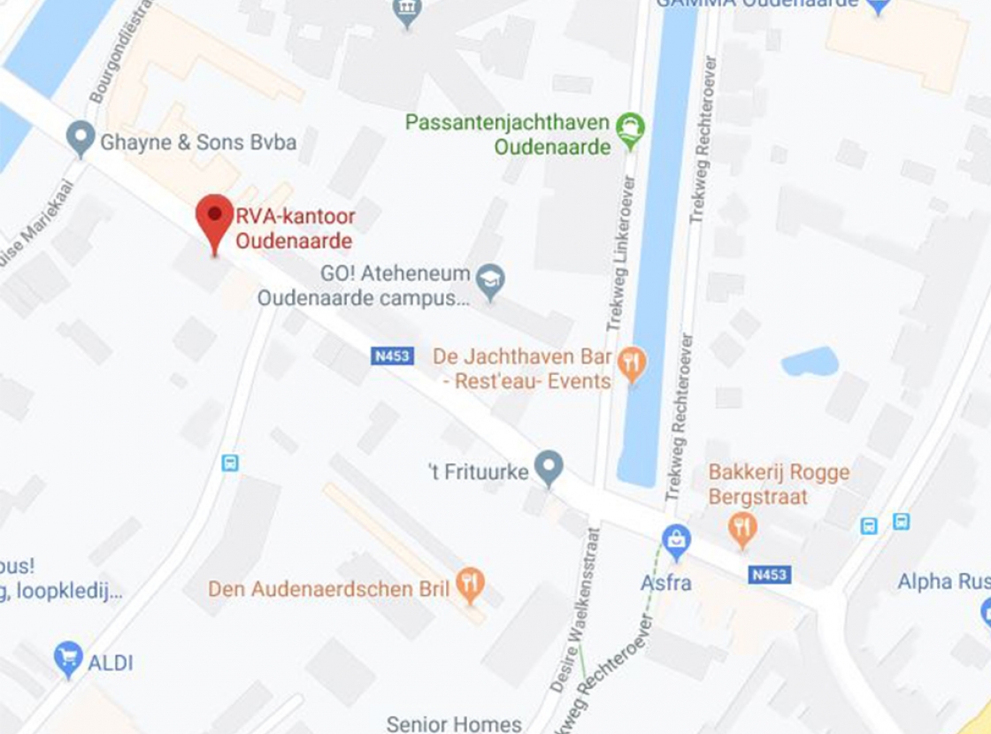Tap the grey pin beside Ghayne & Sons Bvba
81,139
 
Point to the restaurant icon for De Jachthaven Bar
632,363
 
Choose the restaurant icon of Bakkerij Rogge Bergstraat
742,528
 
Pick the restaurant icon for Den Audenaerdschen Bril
471,585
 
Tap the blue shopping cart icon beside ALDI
68,658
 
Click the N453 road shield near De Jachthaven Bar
391,356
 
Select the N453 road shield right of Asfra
769,575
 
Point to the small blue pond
810,362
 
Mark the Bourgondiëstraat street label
120,53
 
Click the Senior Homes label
454,724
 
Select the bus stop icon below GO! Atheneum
230,463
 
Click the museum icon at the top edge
406,11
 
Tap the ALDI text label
111,662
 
